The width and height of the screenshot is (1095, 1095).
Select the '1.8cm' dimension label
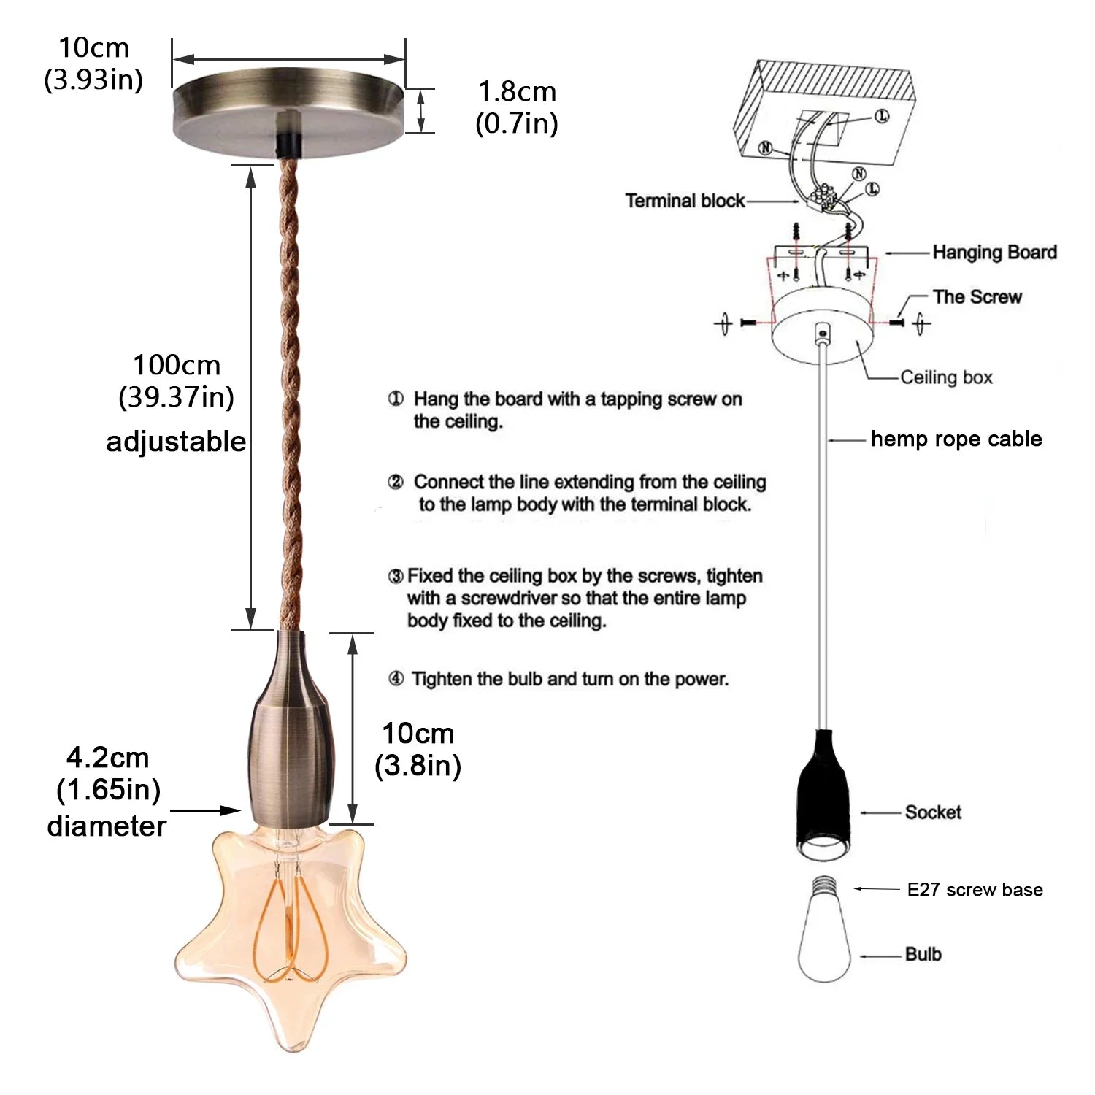(x=517, y=93)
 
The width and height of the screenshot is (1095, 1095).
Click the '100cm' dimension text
(x=176, y=365)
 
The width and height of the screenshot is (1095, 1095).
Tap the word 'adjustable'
(x=176, y=442)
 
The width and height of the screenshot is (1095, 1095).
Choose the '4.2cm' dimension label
(x=107, y=758)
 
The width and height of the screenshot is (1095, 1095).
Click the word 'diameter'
(x=107, y=826)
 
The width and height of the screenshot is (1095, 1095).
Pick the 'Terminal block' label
(x=685, y=201)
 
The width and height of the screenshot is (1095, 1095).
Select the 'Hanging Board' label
(x=994, y=253)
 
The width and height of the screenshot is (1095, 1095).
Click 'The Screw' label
(x=977, y=297)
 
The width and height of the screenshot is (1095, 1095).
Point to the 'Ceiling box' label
(x=946, y=377)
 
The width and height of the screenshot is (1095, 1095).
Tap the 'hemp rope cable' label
(x=956, y=439)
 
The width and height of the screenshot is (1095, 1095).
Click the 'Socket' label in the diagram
(x=933, y=812)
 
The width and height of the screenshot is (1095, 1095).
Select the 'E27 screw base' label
(x=975, y=890)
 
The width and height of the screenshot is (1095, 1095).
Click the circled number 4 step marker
(x=396, y=680)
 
